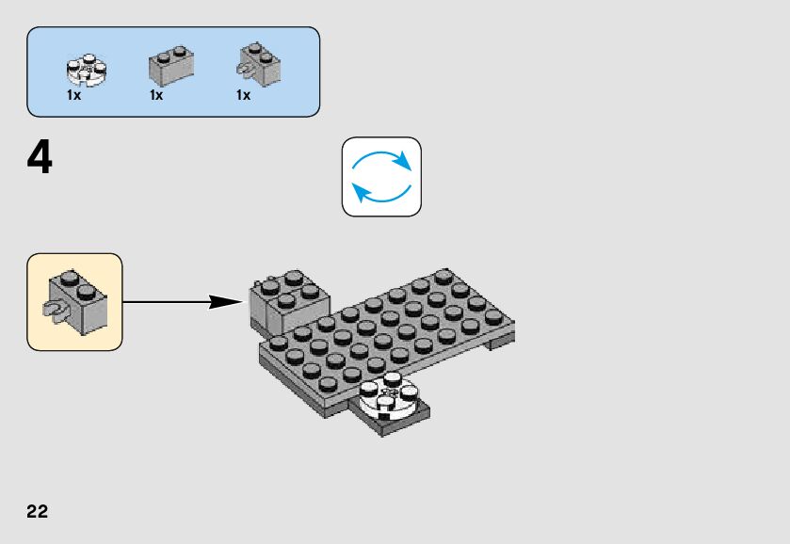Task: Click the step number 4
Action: (x=40, y=158)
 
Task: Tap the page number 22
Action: (x=38, y=512)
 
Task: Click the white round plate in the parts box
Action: (x=86, y=67)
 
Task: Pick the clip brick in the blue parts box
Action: (x=258, y=61)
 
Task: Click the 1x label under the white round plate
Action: (x=73, y=95)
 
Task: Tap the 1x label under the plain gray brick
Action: (x=156, y=95)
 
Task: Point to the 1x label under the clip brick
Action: (x=243, y=95)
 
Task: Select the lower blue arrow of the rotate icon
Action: (x=377, y=194)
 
